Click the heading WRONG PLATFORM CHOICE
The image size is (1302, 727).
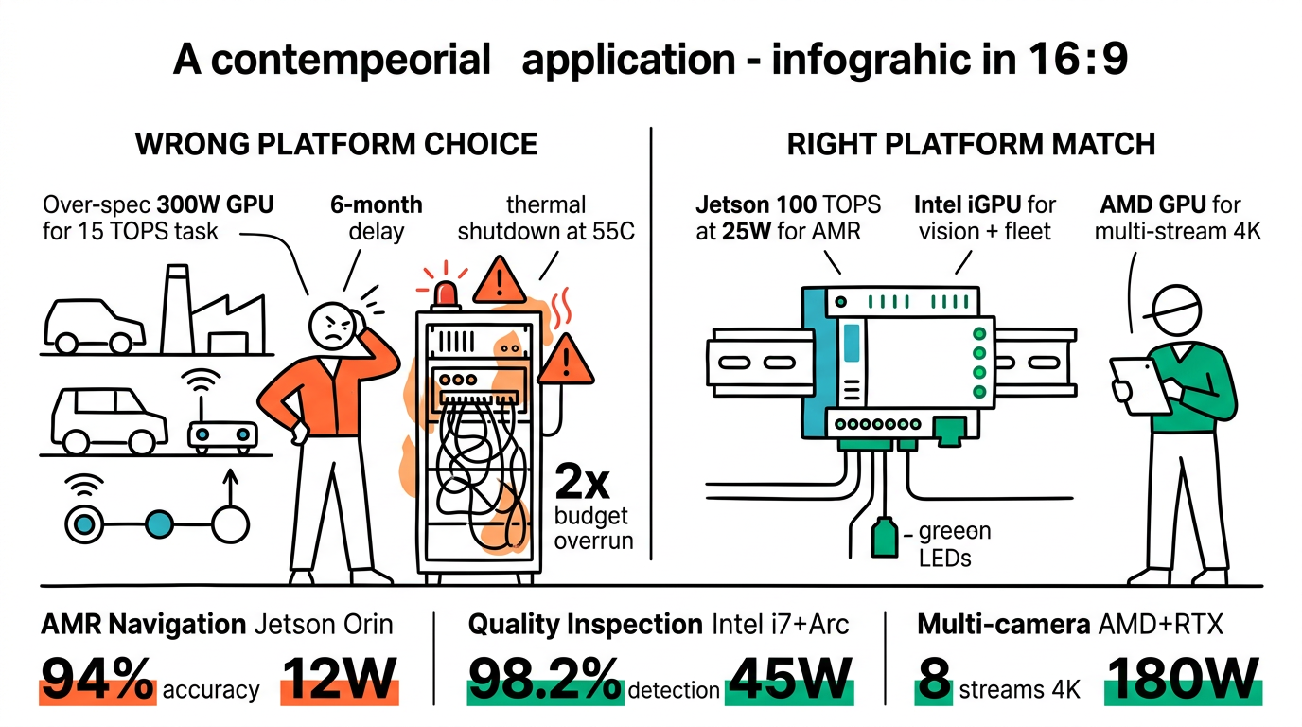[x=336, y=144]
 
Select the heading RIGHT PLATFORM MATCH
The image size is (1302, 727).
[x=971, y=144]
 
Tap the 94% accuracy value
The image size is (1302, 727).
[x=97, y=678]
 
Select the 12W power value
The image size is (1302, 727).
[x=340, y=678]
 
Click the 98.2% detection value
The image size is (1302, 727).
[x=545, y=678]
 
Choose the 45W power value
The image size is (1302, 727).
[x=789, y=678]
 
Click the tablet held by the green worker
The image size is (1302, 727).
[x=1135, y=383]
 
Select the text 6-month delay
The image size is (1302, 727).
[x=376, y=218]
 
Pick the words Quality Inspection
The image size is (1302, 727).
[x=584, y=625]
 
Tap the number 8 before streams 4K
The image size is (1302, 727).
[x=934, y=678]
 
